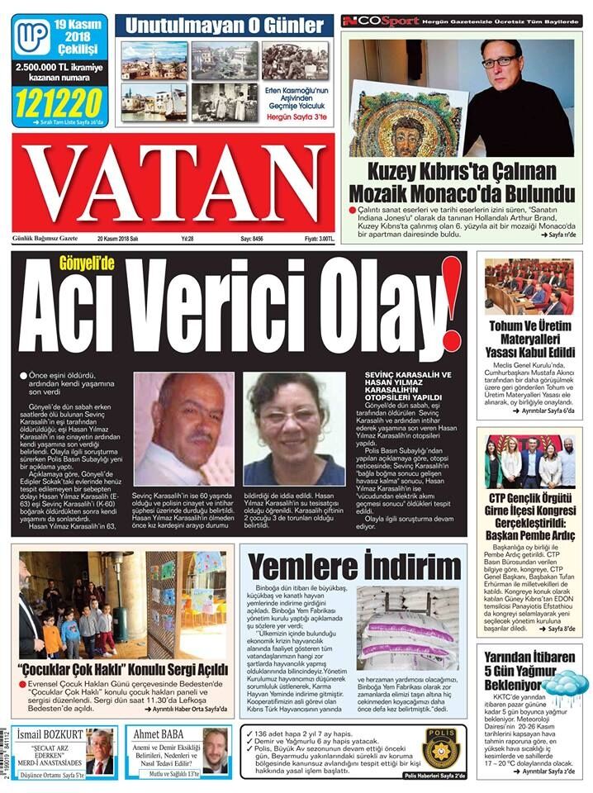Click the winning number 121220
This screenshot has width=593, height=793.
(x=58, y=103)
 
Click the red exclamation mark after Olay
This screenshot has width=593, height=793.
(x=450, y=304)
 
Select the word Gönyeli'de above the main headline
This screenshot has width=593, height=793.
(x=87, y=264)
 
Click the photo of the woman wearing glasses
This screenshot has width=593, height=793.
(x=294, y=429)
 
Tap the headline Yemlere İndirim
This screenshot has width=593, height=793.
(x=354, y=567)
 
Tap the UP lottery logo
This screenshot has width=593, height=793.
(x=32, y=36)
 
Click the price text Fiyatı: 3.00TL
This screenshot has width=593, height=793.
(x=319, y=239)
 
